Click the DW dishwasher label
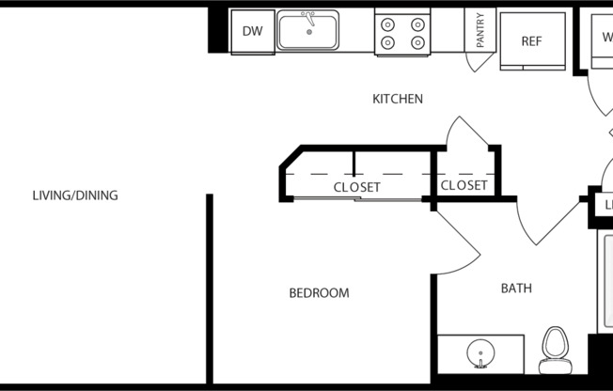tap(252, 32)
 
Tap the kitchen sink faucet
tap(308, 18)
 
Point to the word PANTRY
tap(480, 30)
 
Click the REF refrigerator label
tap(533, 41)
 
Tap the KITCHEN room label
tap(397, 99)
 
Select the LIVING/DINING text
tap(75, 196)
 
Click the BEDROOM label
tap(318, 293)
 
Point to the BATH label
tap(515, 288)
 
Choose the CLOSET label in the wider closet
tap(356, 187)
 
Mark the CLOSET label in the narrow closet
tap(464, 186)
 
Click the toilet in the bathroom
tap(555, 348)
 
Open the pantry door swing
tap(482, 63)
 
